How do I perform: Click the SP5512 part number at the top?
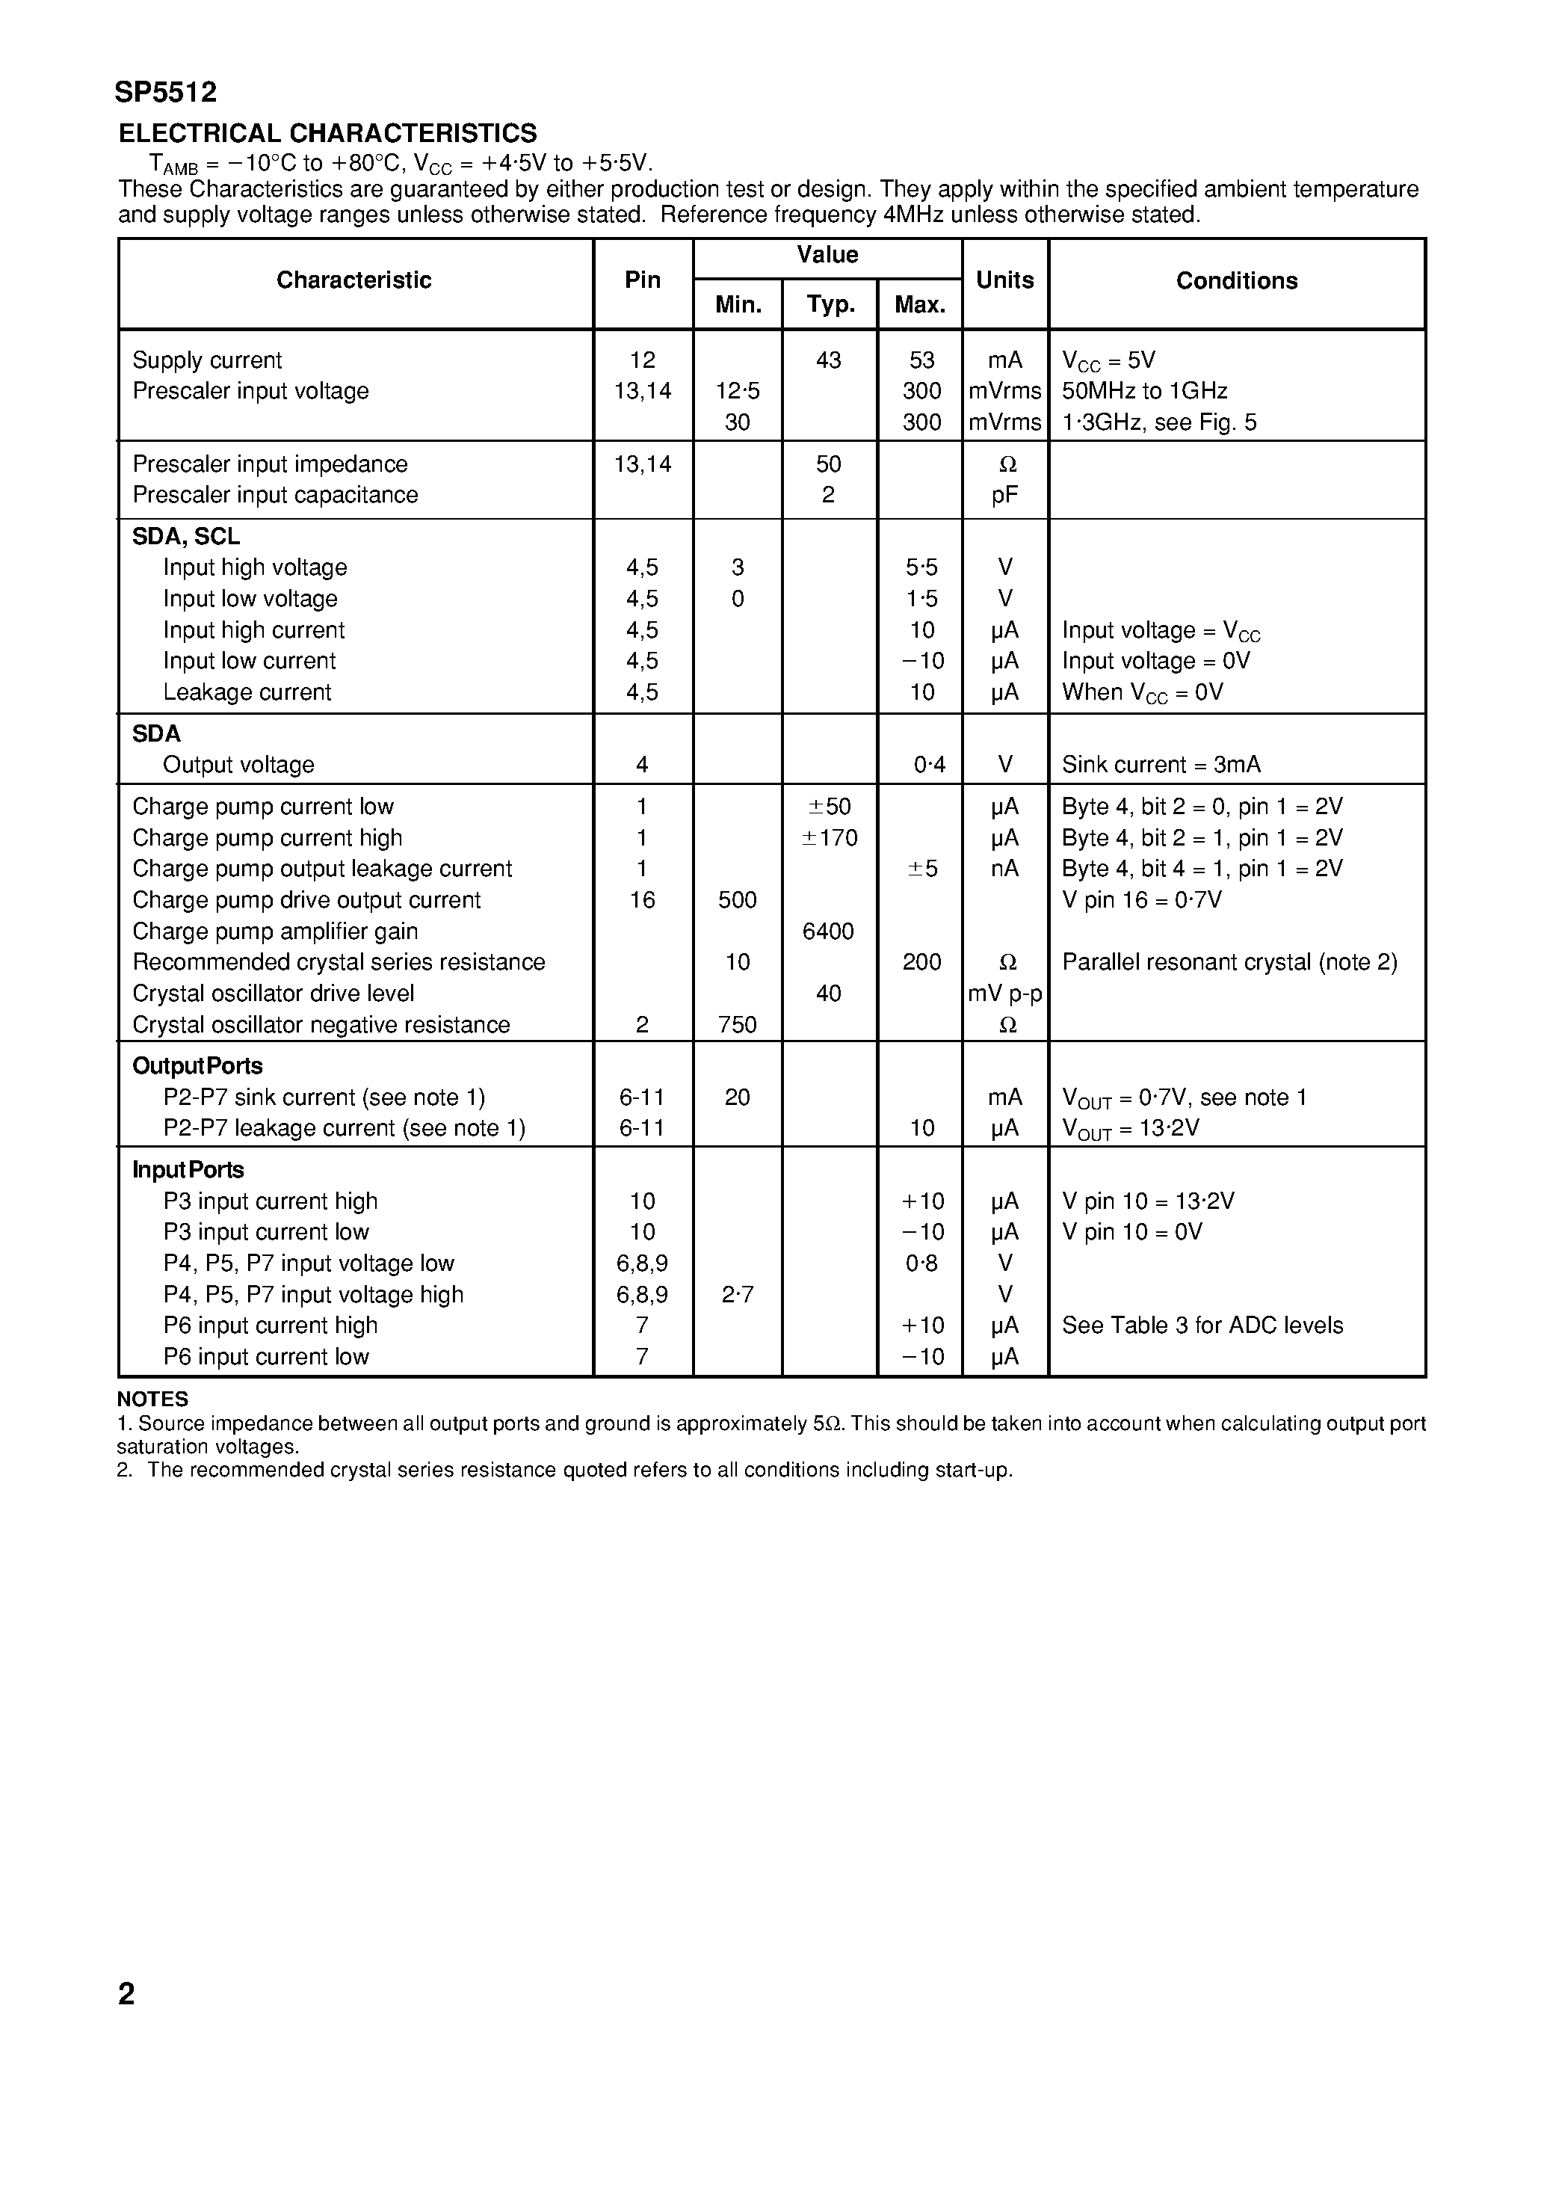pyautogui.click(x=166, y=93)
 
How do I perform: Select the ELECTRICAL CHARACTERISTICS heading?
pyautogui.click(x=327, y=133)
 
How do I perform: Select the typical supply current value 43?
pyautogui.click(x=828, y=360)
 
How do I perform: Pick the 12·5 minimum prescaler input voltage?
pyautogui.click(x=738, y=391)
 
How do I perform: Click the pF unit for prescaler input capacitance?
pyautogui.click(x=1004, y=495)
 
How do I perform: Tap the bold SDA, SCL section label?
pyautogui.click(x=185, y=537)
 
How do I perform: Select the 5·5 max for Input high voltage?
pyautogui.click(x=921, y=567)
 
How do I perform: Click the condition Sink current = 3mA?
pyautogui.click(x=1161, y=765)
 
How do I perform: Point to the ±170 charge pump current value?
pyautogui.click(x=831, y=838)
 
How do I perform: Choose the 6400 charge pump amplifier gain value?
pyautogui.click(x=828, y=932)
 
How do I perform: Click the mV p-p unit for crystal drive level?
pyautogui.click(x=1004, y=994)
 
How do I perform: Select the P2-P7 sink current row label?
pyautogui.click(x=324, y=1097)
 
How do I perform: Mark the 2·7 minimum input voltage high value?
pyautogui.click(x=738, y=1295)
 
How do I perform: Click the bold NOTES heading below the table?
pyautogui.click(x=152, y=1399)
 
